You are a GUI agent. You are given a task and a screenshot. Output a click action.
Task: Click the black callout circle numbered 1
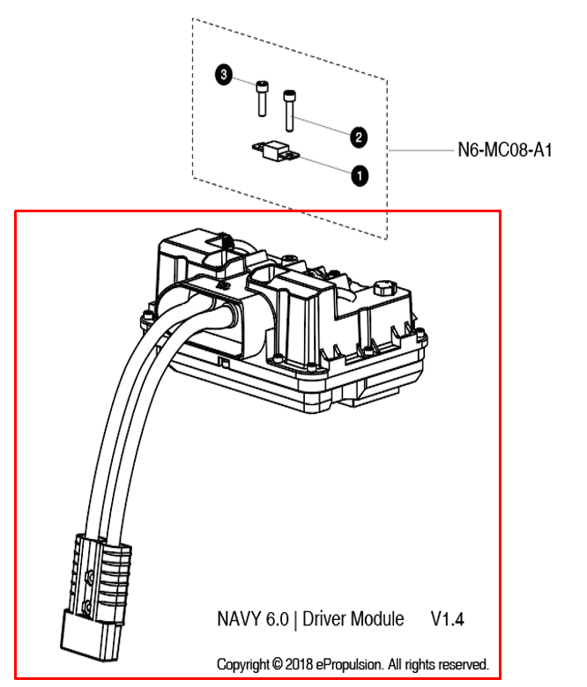(359, 174)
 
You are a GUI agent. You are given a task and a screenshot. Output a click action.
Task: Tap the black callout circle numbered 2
(359, 137)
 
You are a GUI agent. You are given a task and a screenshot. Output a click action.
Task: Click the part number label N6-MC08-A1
(504, 151)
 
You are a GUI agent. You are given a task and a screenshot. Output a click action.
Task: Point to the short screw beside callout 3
(263, 97)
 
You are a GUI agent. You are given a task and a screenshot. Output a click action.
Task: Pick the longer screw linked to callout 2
(289, 107)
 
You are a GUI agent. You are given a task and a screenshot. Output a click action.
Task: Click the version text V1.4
(448, 620)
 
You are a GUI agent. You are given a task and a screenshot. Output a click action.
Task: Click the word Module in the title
(381, 620)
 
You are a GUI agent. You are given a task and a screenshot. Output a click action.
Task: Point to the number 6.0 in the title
(277, 620)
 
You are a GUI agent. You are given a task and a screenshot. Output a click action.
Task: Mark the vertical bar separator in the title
(296, 620)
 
